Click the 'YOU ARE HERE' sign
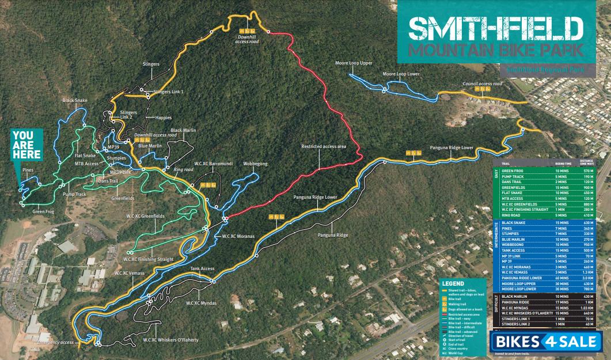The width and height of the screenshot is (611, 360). click(27, 143)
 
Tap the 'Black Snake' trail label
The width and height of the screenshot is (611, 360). click(75, 100)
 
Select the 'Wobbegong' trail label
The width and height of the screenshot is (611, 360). click(256, 164)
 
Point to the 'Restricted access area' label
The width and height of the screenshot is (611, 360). click(323, 147)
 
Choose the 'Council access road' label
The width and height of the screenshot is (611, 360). click(482, 84)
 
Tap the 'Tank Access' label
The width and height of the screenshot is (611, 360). click(202, 268)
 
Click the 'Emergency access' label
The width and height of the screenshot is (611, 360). click(55, 342)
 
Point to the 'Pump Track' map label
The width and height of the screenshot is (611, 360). click(74, 195)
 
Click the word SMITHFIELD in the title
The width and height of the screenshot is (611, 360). click(494, 27)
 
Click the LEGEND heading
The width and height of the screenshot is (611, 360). click(453, 283)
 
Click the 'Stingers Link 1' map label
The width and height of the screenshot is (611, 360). click(169, 92)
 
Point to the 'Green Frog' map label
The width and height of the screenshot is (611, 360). click(43, 211)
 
